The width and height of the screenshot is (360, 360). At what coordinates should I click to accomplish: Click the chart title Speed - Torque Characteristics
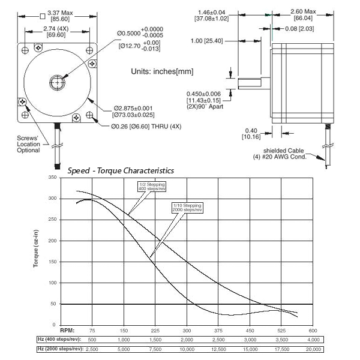[121, 170]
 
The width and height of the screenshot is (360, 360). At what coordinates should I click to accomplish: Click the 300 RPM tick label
[187, 330]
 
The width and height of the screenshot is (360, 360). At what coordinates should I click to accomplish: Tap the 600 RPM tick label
[312, 330]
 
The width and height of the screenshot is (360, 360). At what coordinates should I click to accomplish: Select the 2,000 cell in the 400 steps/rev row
[187, 340]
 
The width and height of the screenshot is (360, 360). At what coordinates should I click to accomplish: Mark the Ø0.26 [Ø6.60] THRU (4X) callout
[146, 127]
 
